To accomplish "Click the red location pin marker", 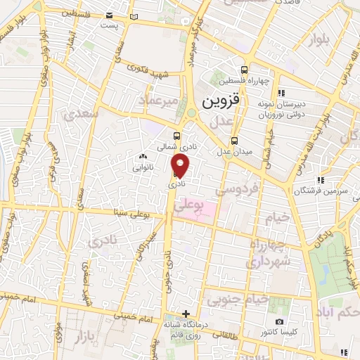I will point(181,165).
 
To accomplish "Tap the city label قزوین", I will point(221,101).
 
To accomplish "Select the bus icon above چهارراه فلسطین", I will point(244,70).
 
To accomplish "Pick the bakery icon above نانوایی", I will point(143,157).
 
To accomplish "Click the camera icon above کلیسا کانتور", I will point(280,322).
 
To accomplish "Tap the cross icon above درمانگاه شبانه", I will point(186,314).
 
